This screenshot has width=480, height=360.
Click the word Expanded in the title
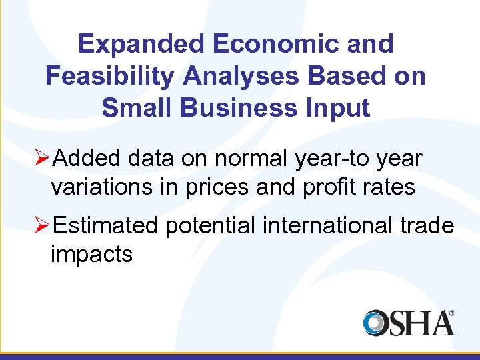click(x=140, y=44)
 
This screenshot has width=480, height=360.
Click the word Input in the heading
click(x=340, y=107)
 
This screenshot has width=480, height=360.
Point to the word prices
click(x=219, y=187)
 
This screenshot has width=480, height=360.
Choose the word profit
click(x=329, y=187)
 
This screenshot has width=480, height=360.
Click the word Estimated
click(x=105, y=227)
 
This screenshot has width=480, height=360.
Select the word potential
click(x=210, y=227)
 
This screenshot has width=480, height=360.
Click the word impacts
click(x=91, y=255)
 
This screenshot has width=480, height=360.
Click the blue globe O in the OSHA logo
click(x=376, y=323)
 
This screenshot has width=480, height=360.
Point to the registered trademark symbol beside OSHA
click(x=451, y=312)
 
